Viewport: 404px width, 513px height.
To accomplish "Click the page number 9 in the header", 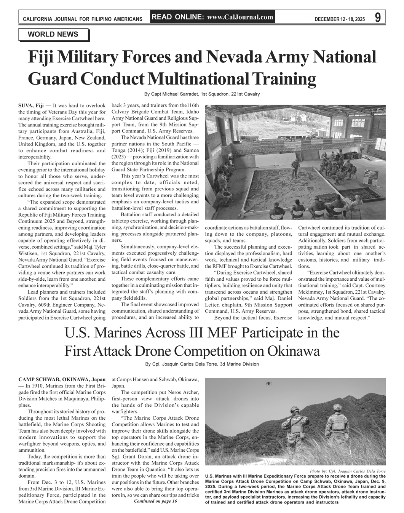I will [377, 18].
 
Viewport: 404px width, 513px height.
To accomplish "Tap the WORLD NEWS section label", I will [53, 35].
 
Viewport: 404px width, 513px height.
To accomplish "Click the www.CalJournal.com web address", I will [240, 17].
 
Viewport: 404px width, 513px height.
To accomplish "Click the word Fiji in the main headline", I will [42, 58].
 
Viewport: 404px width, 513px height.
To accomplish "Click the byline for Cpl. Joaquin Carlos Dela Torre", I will [202, 364].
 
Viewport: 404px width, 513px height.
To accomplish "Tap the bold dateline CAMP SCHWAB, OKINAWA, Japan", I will [62, 380].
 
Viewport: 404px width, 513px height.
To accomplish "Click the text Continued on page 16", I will [156, 501].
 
